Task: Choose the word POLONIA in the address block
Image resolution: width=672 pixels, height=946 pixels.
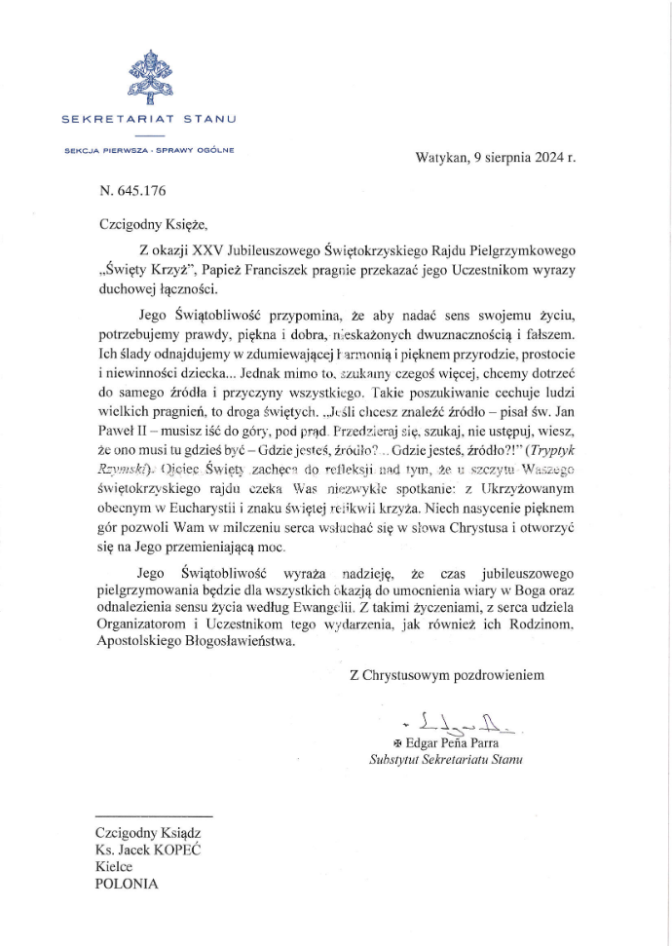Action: pos(126,885)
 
